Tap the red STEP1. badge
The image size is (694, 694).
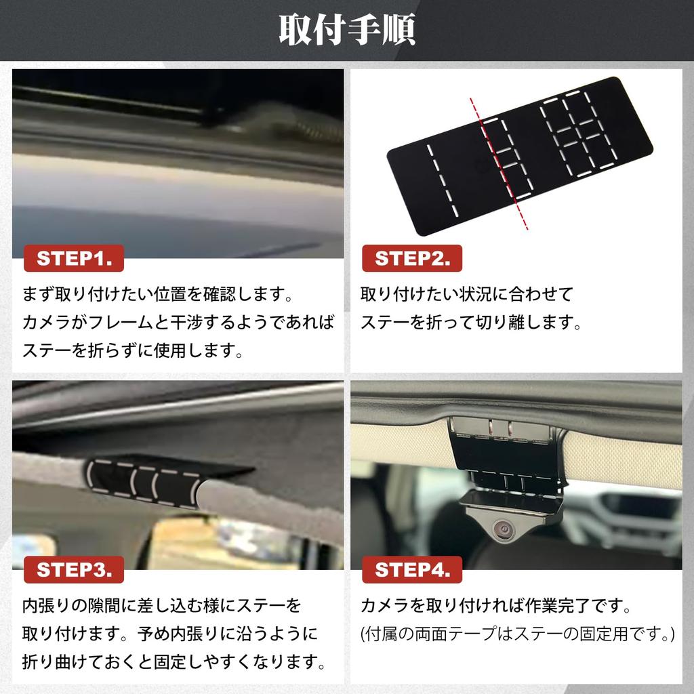tap(74, 259)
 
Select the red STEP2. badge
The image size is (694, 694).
tap(411, 259)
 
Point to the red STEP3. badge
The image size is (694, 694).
tap(74, 570)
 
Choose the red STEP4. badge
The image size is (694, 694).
tap(411, 570)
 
